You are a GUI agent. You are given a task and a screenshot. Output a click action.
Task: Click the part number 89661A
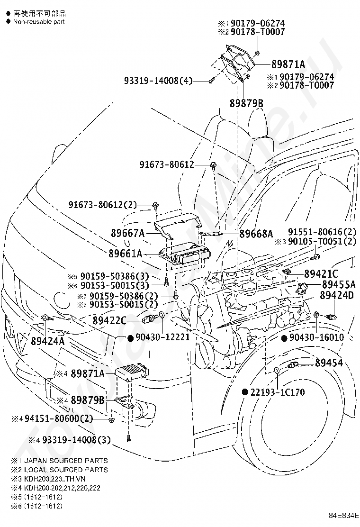pyautogui.click(x=126, y=254)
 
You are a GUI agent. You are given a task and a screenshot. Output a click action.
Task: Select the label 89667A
pyautogui.click(x=127, y=233)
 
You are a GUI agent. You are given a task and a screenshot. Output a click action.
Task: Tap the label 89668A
pyautogui.click(x=256, y=234)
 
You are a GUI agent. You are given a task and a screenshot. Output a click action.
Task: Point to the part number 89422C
pyautogui.click(x=109, y=321)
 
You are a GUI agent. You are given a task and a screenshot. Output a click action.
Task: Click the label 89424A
pyautogui.click(x=48, y=341)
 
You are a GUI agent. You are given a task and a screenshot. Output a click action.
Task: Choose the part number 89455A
pyautogui.click(x=339, y=284)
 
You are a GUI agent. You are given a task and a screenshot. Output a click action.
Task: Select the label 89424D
pyautogui.click(x=337, y=295)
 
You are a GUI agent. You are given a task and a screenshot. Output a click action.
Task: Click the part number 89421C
pyautogui.click(x=321, y=274)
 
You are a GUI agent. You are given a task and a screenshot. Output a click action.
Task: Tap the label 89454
pyautogui.click(x=329, y=363)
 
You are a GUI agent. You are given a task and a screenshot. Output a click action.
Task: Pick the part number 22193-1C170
pyautogui.click(x=278, y=392)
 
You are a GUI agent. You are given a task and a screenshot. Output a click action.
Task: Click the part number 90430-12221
pyautogui.click(x=162, y=337)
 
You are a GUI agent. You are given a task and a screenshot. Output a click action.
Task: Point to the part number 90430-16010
pyautogui.click(x=317, y=337)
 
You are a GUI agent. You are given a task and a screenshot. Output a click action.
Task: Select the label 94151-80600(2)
pyautogui.click(x=58, y=418)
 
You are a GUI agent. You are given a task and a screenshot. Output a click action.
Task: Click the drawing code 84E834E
pyautogui.click(x=344, y=514)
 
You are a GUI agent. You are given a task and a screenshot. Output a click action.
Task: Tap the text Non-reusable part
pyautogui.click(x=39, y=22)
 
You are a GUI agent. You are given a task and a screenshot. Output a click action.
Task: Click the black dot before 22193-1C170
pyautogui.click(x=245, y=392)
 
